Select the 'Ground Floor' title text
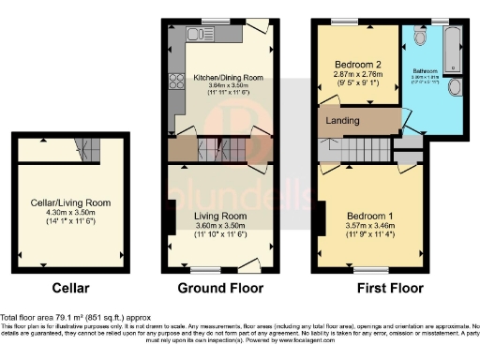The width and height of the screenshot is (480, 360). (x=220, y=288)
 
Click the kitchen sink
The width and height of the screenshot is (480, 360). (x=201, y=35)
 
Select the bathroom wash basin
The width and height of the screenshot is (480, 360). (x=455, y=87)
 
